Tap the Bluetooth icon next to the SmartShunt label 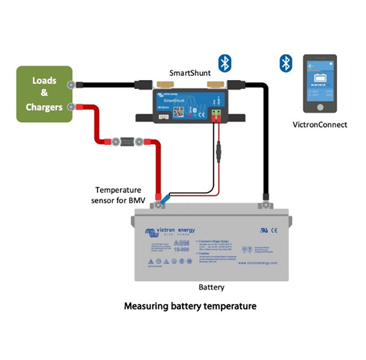(x=224, y=62)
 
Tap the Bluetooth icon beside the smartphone (x=285, y=62)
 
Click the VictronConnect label (x=320, y=124)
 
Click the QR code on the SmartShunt (x=179, y=111)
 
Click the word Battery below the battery (x=210, y=287)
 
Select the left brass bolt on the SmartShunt (x=156, y=85)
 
